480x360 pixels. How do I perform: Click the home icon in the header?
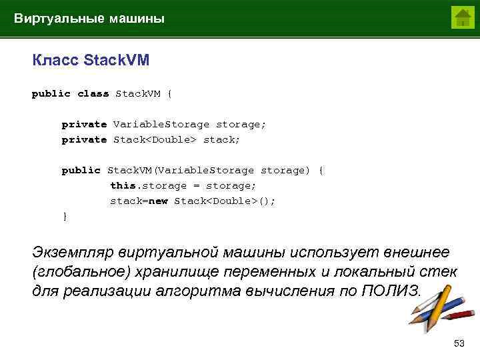click(x=462, y=17)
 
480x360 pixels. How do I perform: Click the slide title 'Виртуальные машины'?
click(x=89, y=19)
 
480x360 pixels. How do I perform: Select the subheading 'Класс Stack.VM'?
click(x=91, y=61)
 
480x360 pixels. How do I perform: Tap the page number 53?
click(x=458, y=343)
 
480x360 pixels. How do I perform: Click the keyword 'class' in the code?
click(x=93, y=94)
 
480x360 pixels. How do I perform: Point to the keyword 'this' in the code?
click(x=122, y=185)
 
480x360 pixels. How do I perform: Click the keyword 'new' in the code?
click(x=158, y=201)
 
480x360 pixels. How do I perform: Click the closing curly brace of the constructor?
click(x=65, y=216)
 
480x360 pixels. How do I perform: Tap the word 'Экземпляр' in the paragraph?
click(x=73, y=253)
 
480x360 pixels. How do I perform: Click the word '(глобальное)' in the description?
click(x=81, y=272)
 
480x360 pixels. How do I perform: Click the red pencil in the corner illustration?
click(x=460, y=313)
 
